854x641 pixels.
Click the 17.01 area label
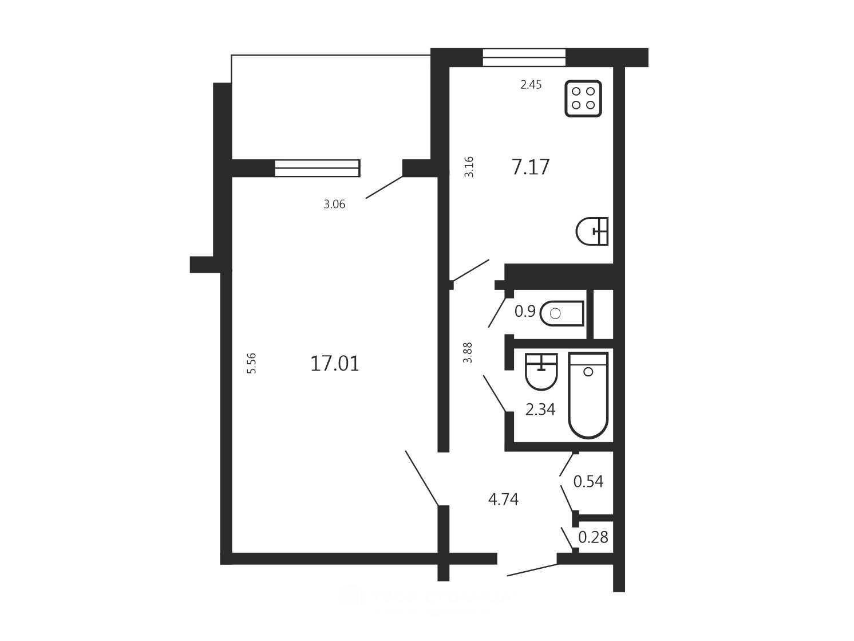[x=335, y=364]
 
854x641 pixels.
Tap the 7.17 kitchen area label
[x=530, y=167]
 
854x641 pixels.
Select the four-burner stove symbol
[x=583, y=99]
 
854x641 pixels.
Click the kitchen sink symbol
[x=592, y=231]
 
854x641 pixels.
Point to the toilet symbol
[x=562, y=313]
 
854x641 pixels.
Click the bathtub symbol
[x=588, y=395]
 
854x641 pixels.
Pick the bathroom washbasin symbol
[x=541, y=371]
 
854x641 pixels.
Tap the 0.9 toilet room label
[x=525, y=312]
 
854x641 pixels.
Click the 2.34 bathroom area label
[x=540, y=410]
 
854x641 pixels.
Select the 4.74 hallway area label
[x=503, y=500]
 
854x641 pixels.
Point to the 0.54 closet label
[x=588, y=481]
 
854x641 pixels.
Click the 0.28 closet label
[x=593, y=537]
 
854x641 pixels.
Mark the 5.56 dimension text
[x=252, y=363]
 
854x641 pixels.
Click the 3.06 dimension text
[x=334, y=204]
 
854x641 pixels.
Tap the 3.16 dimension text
[x=469, y=167]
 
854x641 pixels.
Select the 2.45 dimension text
[x=531, y=84]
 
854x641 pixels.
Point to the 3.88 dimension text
[x=467, y=353]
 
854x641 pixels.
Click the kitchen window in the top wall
[x=524, y=58]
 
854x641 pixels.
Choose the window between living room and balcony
[x=317, y=168]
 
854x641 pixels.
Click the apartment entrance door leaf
[x=532, y=570]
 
